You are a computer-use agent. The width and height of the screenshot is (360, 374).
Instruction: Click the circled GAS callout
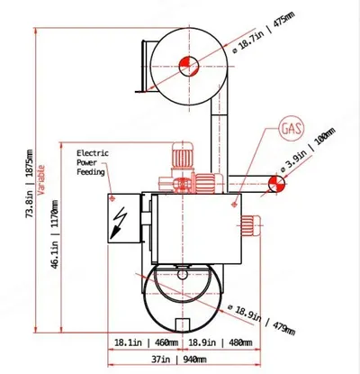click(292, 129)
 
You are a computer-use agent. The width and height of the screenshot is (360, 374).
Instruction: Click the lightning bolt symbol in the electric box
click(119, 223)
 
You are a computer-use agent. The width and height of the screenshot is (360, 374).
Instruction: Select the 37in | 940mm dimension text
click(179, 359)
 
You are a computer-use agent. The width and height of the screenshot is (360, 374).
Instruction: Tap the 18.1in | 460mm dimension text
click(146, 342)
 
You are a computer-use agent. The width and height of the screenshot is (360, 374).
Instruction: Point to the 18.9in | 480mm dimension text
click(220, 342)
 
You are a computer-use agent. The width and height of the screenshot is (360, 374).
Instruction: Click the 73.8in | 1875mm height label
click(30, 184)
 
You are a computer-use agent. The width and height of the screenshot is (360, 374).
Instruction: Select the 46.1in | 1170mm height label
click(55, 234)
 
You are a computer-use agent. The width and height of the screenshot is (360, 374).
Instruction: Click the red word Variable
click(41, 180)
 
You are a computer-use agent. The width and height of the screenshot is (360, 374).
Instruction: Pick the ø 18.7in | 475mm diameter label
click(264, 32)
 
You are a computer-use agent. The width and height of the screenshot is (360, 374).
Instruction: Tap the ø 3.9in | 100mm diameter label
click(308, 151)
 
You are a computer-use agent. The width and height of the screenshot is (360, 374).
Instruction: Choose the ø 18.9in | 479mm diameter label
click(261, 320)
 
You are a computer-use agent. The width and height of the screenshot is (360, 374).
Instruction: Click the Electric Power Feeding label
click(93, 162)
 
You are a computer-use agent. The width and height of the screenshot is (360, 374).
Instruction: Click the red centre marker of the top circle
click(189, 66)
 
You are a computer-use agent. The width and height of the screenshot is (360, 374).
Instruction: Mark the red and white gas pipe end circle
click(276, 184)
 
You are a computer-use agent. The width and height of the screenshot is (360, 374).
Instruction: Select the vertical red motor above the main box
click(182, 159)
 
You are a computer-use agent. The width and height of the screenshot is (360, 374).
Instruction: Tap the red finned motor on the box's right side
click(251, 226)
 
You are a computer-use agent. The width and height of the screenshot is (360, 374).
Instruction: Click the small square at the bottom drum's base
click(182, 325)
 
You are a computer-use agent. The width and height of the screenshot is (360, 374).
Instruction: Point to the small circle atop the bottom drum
click(182, 274)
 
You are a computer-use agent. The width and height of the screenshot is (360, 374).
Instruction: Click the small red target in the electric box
click(112, 198)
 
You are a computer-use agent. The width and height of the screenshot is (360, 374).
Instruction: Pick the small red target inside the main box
click(234, 205)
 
